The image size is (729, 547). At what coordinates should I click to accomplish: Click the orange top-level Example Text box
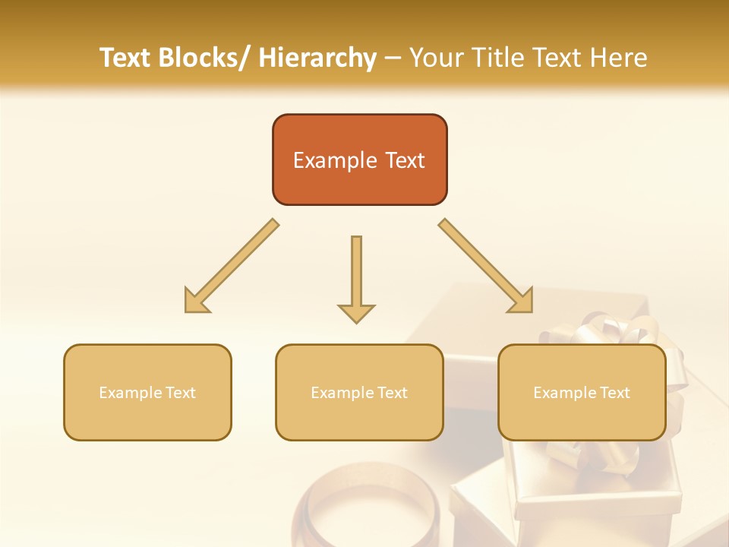coord(359,160)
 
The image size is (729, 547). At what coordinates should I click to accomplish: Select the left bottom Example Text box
coord(147,392)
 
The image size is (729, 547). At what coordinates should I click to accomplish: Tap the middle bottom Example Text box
coord(359,392)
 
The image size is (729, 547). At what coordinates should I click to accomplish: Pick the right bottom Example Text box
coord(582,392)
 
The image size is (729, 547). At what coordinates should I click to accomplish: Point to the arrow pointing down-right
coord(487,267)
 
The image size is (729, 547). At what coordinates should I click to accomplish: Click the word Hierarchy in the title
coord(317,58)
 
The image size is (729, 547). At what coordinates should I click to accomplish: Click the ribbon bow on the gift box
coord(600,330)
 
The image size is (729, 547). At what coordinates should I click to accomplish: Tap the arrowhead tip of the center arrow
coord(356,320)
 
